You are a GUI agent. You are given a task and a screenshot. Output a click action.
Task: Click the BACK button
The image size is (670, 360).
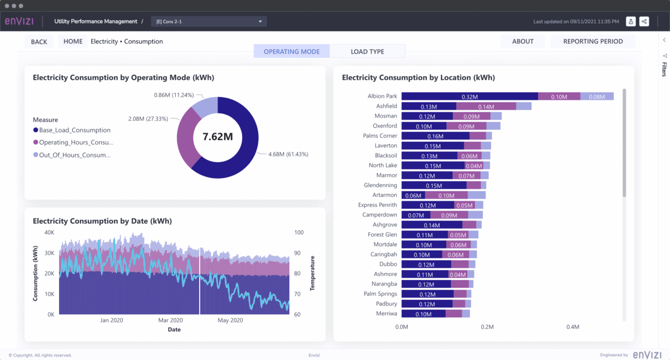(x=39, y=42)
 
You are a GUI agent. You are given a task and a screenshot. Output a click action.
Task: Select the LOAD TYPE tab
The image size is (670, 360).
(x=367, y=51)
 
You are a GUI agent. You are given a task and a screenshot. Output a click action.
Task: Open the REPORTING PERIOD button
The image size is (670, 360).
(x=593, y=41)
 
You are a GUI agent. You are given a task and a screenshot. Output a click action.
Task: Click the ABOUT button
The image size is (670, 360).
(x=523, y=41)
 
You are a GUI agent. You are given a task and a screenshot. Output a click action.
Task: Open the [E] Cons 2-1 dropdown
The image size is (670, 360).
(x=209, y=21)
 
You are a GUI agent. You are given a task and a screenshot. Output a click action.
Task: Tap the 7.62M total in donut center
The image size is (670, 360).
(x=218, y=137)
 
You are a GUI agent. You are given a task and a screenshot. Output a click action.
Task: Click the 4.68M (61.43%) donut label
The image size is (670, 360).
(x=288, y=154)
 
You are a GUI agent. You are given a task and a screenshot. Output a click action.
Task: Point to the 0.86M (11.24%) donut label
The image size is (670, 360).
(x=174, y=95)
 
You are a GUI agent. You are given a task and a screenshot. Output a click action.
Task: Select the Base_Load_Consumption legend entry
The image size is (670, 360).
(x=75, y=130)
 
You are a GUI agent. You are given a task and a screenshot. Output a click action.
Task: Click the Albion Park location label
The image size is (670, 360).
(x=382, y=96)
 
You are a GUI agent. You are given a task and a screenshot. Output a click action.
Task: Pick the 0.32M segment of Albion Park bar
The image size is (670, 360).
(x=469, y=96)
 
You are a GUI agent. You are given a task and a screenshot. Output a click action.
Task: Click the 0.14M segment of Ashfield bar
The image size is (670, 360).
(x=486, y=106)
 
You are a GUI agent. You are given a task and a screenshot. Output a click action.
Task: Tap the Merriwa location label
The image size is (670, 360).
(x=386, y=313)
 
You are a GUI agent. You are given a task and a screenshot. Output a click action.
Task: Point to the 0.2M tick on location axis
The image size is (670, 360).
(x=487, y=327)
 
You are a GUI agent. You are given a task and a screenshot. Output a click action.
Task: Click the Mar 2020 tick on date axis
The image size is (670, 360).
(x=170, y=320)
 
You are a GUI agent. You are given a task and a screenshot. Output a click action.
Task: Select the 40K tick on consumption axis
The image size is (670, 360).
(x=49, y=233)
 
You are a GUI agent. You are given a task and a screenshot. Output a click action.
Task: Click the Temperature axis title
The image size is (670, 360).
(x=312, y=273)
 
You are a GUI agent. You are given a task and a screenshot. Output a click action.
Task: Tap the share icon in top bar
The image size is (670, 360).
(x=644, y=21)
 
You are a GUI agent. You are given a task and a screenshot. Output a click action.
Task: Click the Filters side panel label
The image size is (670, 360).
(x=664, y=69)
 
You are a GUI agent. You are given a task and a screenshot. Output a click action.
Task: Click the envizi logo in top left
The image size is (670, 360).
(x=19, y=21)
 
